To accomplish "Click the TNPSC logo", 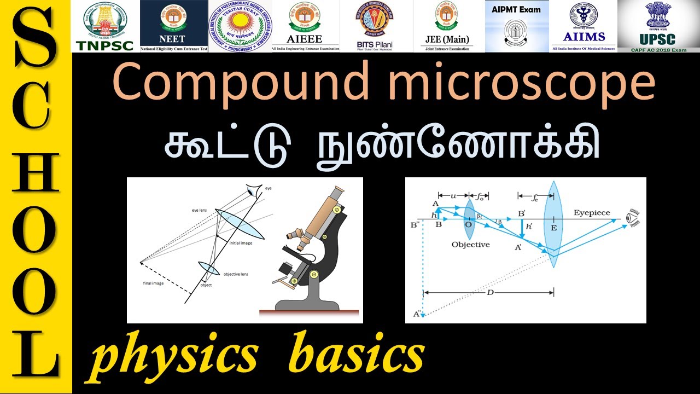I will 106,26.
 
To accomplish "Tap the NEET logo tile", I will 174,26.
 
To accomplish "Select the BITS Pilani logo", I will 376,26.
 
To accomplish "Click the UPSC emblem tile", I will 658,26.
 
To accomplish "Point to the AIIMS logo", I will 584,26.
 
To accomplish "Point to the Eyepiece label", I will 592,213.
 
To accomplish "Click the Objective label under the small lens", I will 470,244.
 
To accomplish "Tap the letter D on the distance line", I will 490,293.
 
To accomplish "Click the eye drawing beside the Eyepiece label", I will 632,218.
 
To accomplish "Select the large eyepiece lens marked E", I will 553,225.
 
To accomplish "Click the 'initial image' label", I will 241,242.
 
